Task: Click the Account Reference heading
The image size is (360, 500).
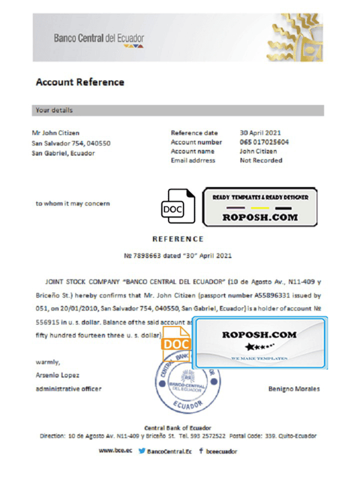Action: click(x=80, y=82)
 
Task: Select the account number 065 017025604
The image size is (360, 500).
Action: click(x=264, y=142)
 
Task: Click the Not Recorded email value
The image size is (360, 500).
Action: click(x=261, y=161)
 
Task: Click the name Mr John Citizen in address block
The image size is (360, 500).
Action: click(x=56, y=133)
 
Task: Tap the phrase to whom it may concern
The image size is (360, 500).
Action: click(x=73, y=203)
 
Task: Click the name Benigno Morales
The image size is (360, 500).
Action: click(x=294, y=389)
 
